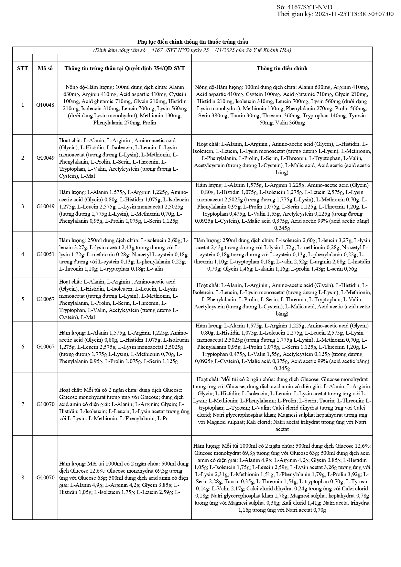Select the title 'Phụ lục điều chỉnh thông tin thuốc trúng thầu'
[193, 42]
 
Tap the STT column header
[23, 68]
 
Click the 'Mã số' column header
[45, 68]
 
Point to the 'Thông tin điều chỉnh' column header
[282, 68]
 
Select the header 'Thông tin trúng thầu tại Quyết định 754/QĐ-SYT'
[125, 68]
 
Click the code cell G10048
[45, 105]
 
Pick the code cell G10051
[45, 254]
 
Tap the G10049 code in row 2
[45, 158]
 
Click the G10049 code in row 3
[45, 206]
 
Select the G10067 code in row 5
[45, 299]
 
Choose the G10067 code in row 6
[45, 347]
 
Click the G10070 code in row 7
[45, 404]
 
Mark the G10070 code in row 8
[45, 477]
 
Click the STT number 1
[23, 105]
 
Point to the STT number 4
[23, 254]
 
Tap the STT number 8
[23, 477]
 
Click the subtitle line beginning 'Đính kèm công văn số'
[192, 50]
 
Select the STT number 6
[23, 347]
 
